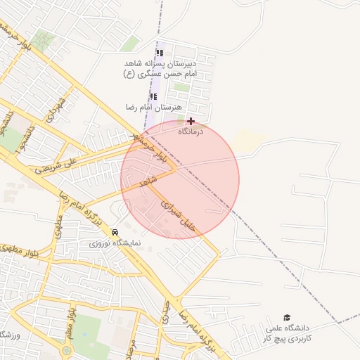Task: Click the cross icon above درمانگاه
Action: tap(191, 122)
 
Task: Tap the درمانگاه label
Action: tap(191, 131)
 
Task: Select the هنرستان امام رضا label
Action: tap(153, 107)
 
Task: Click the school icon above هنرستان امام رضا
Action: tap(153, 96)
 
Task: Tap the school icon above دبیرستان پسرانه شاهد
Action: tap(160, 53)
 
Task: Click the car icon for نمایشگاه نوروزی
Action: tap(115, 232)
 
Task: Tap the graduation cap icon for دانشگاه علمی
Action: tap(286, 318)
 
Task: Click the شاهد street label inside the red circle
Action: tap(147, 182)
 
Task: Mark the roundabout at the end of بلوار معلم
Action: tap(67, 349)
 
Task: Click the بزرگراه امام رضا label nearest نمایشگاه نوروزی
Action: tap(84, 207)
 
